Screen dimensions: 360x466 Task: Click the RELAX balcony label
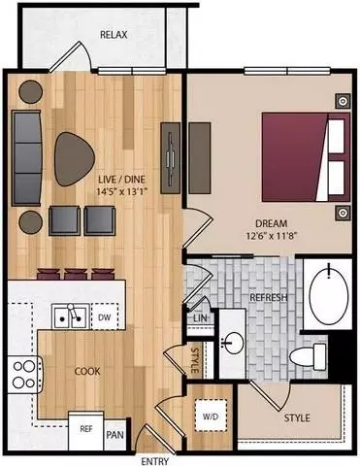(114, 35)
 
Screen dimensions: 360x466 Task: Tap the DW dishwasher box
(105, 316)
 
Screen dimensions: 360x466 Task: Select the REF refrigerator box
(86, 429)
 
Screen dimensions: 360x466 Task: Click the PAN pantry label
(115, 435)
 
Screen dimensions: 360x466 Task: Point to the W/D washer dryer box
(211, 416)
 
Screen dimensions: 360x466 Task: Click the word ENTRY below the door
(155, 461)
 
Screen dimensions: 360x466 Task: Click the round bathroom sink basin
(233, 343)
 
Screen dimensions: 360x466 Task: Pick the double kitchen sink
(71, 316)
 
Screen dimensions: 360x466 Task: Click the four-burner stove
(25, 375)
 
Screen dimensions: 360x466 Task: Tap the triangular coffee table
(74, 159)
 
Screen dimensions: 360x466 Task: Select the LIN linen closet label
(200, 317)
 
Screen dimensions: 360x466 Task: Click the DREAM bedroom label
(271, 223)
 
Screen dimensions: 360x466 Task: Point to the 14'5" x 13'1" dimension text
(122, 191)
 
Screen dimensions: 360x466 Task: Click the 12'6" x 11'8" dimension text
(271, 236)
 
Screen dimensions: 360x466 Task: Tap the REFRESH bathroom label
(268, 297)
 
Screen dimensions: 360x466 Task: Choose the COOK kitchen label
(87, 371)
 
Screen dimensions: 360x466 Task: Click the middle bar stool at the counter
(76, 274)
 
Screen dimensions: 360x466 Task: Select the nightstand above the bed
(343, 102)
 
